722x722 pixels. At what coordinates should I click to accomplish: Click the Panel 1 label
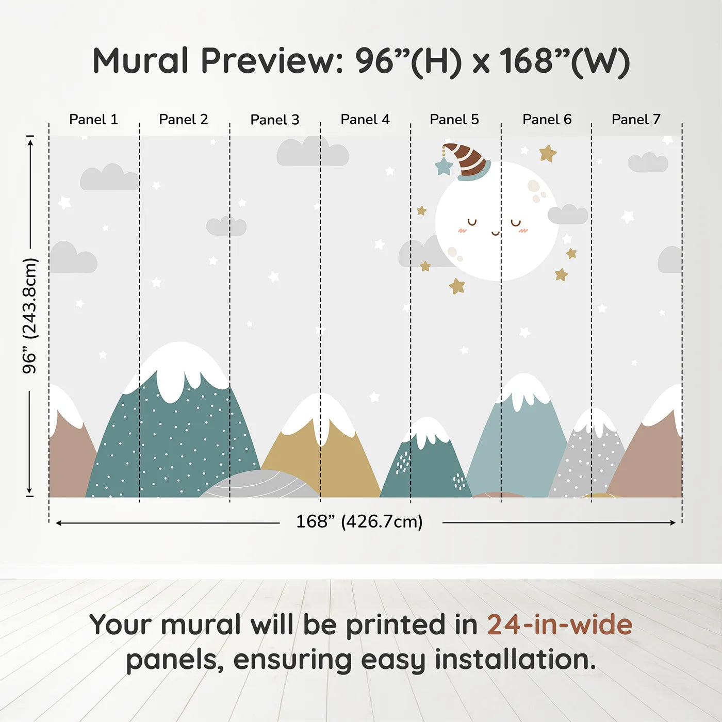pos(93,120)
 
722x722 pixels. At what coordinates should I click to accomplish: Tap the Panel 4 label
pos(365,120)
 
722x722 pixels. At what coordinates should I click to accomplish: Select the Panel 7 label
pos(635,120)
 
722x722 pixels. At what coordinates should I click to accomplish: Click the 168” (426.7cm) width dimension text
pos(359,522)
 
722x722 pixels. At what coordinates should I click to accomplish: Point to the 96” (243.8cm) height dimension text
pos(30,316)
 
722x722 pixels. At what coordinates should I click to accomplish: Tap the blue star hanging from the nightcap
pos(444,167)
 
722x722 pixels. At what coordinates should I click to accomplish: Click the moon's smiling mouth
pos(496,234)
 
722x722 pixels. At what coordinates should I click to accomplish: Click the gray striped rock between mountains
pos(260,485)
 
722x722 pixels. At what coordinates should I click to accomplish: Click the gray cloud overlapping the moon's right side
pos(568,215)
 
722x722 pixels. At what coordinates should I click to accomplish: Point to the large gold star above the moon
pos(547,153)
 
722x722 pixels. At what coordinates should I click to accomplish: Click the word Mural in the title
pos(140,61)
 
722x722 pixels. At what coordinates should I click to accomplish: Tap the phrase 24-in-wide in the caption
pos(560,625)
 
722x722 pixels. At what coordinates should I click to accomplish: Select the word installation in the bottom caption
pos(515,660)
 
